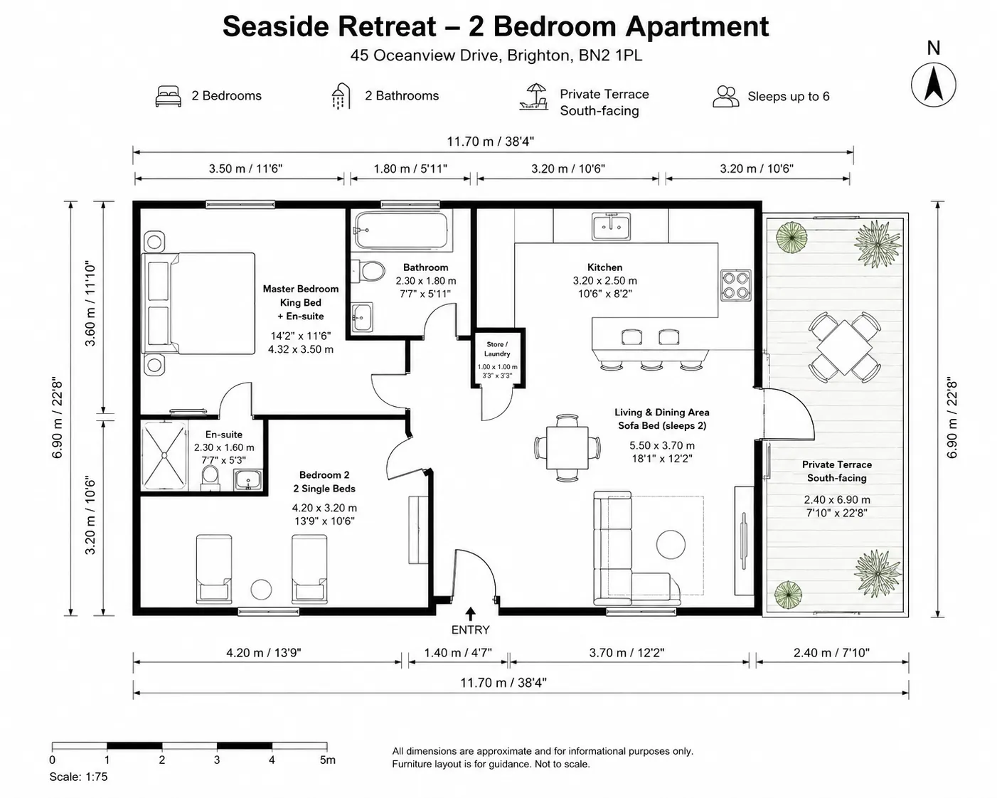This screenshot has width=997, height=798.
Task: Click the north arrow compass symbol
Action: (933, 85)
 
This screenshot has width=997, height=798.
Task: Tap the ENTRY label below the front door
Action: (470, 629)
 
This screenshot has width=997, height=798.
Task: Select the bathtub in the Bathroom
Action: (401, 230)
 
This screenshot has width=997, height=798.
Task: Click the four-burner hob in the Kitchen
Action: (736, 285)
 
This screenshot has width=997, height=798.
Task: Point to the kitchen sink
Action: (612, 226)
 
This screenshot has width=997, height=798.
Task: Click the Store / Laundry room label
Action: (497, 349)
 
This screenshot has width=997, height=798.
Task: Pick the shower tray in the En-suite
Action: (164, 455)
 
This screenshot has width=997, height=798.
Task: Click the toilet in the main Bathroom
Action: (368, 271)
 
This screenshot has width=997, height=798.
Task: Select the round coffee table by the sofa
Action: (671, 545)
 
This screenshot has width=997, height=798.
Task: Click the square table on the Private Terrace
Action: (845, 347)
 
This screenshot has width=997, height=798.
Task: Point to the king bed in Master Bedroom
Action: (198, 304)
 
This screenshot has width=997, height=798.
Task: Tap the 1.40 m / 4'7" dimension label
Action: (458, 652)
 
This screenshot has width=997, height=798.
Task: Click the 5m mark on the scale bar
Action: (328, 760)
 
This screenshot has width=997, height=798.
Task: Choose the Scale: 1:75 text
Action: (78, 777)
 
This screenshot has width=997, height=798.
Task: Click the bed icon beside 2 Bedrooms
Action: (168, 96)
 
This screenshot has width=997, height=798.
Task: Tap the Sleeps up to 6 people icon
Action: (725, 97)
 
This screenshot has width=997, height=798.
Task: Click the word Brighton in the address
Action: (538, 55)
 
